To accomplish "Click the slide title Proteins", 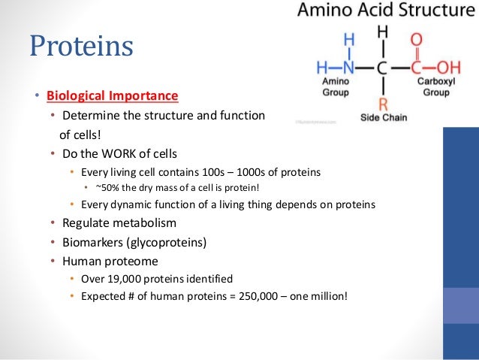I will (81, 46).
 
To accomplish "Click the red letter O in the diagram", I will (417, 38).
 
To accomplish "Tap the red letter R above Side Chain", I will (382, 103).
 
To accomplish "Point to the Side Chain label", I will (382, 119).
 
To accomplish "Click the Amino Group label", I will (334, 84).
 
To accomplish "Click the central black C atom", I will (382, 68).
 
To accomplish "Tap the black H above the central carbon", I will (382, 32).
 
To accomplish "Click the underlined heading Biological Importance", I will (113, 96).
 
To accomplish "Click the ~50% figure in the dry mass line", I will (106, 188).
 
